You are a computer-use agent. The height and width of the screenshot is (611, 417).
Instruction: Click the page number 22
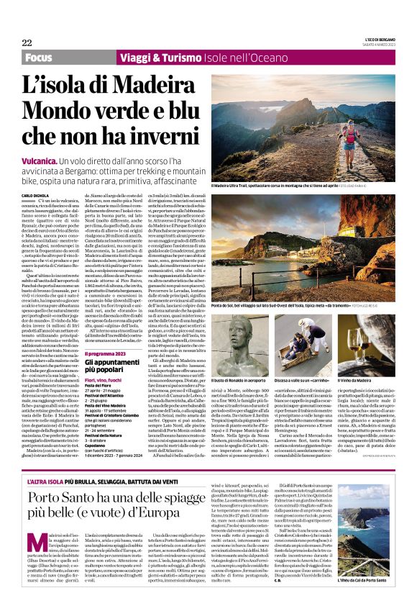(x=27, y=42)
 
